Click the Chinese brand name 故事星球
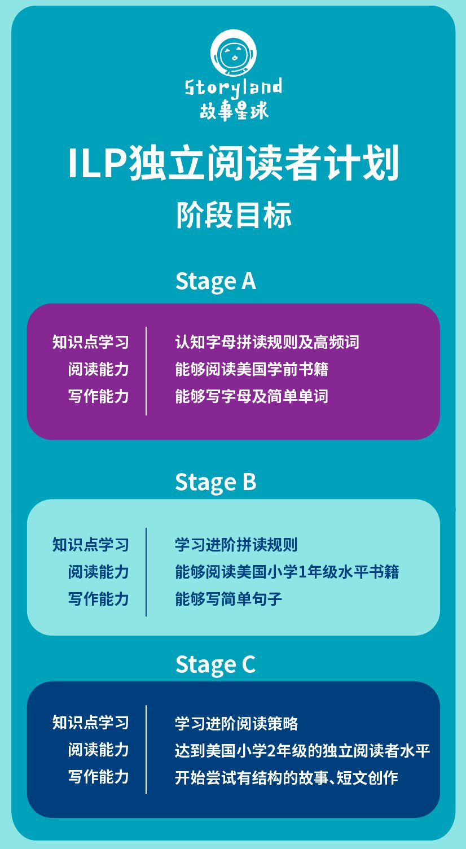click(x=234, y=110)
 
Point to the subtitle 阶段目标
click(x=234, y=215)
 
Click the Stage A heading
click(x=216, y=281)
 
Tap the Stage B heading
click(x=216, y=482)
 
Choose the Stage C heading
click(x=216, y=664)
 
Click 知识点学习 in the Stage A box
click(x=91, y=342)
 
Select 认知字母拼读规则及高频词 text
click(x=267, y=342)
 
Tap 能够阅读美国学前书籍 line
click(x=252, y=369)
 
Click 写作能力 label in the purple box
click(x=99, y=396)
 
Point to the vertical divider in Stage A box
click(x=146, y=370)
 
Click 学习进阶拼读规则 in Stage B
click(x=236, y=545)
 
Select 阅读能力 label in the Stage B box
click(x=99, y=572)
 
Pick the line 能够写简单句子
click(x=228, y=599)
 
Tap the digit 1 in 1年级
click(x=302, y=572)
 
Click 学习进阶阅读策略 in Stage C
click(x=236, y=724)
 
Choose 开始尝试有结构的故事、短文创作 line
click(x=287, y=778)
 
